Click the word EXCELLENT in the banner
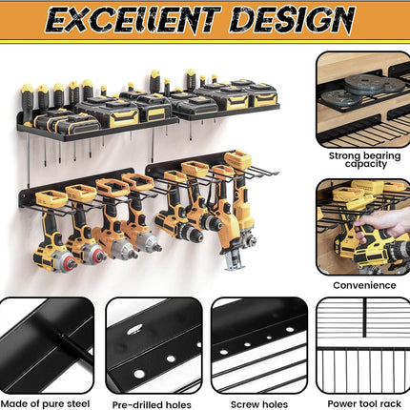coord(133,19)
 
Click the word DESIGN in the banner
coord(292,19)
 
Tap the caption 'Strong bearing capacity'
coord(364,160)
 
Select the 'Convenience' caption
coord(364,285)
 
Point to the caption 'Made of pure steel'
coord(45,404)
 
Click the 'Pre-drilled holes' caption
coord(152,405)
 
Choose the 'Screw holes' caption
coord(259,404)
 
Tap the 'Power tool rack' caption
coord(364,404)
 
